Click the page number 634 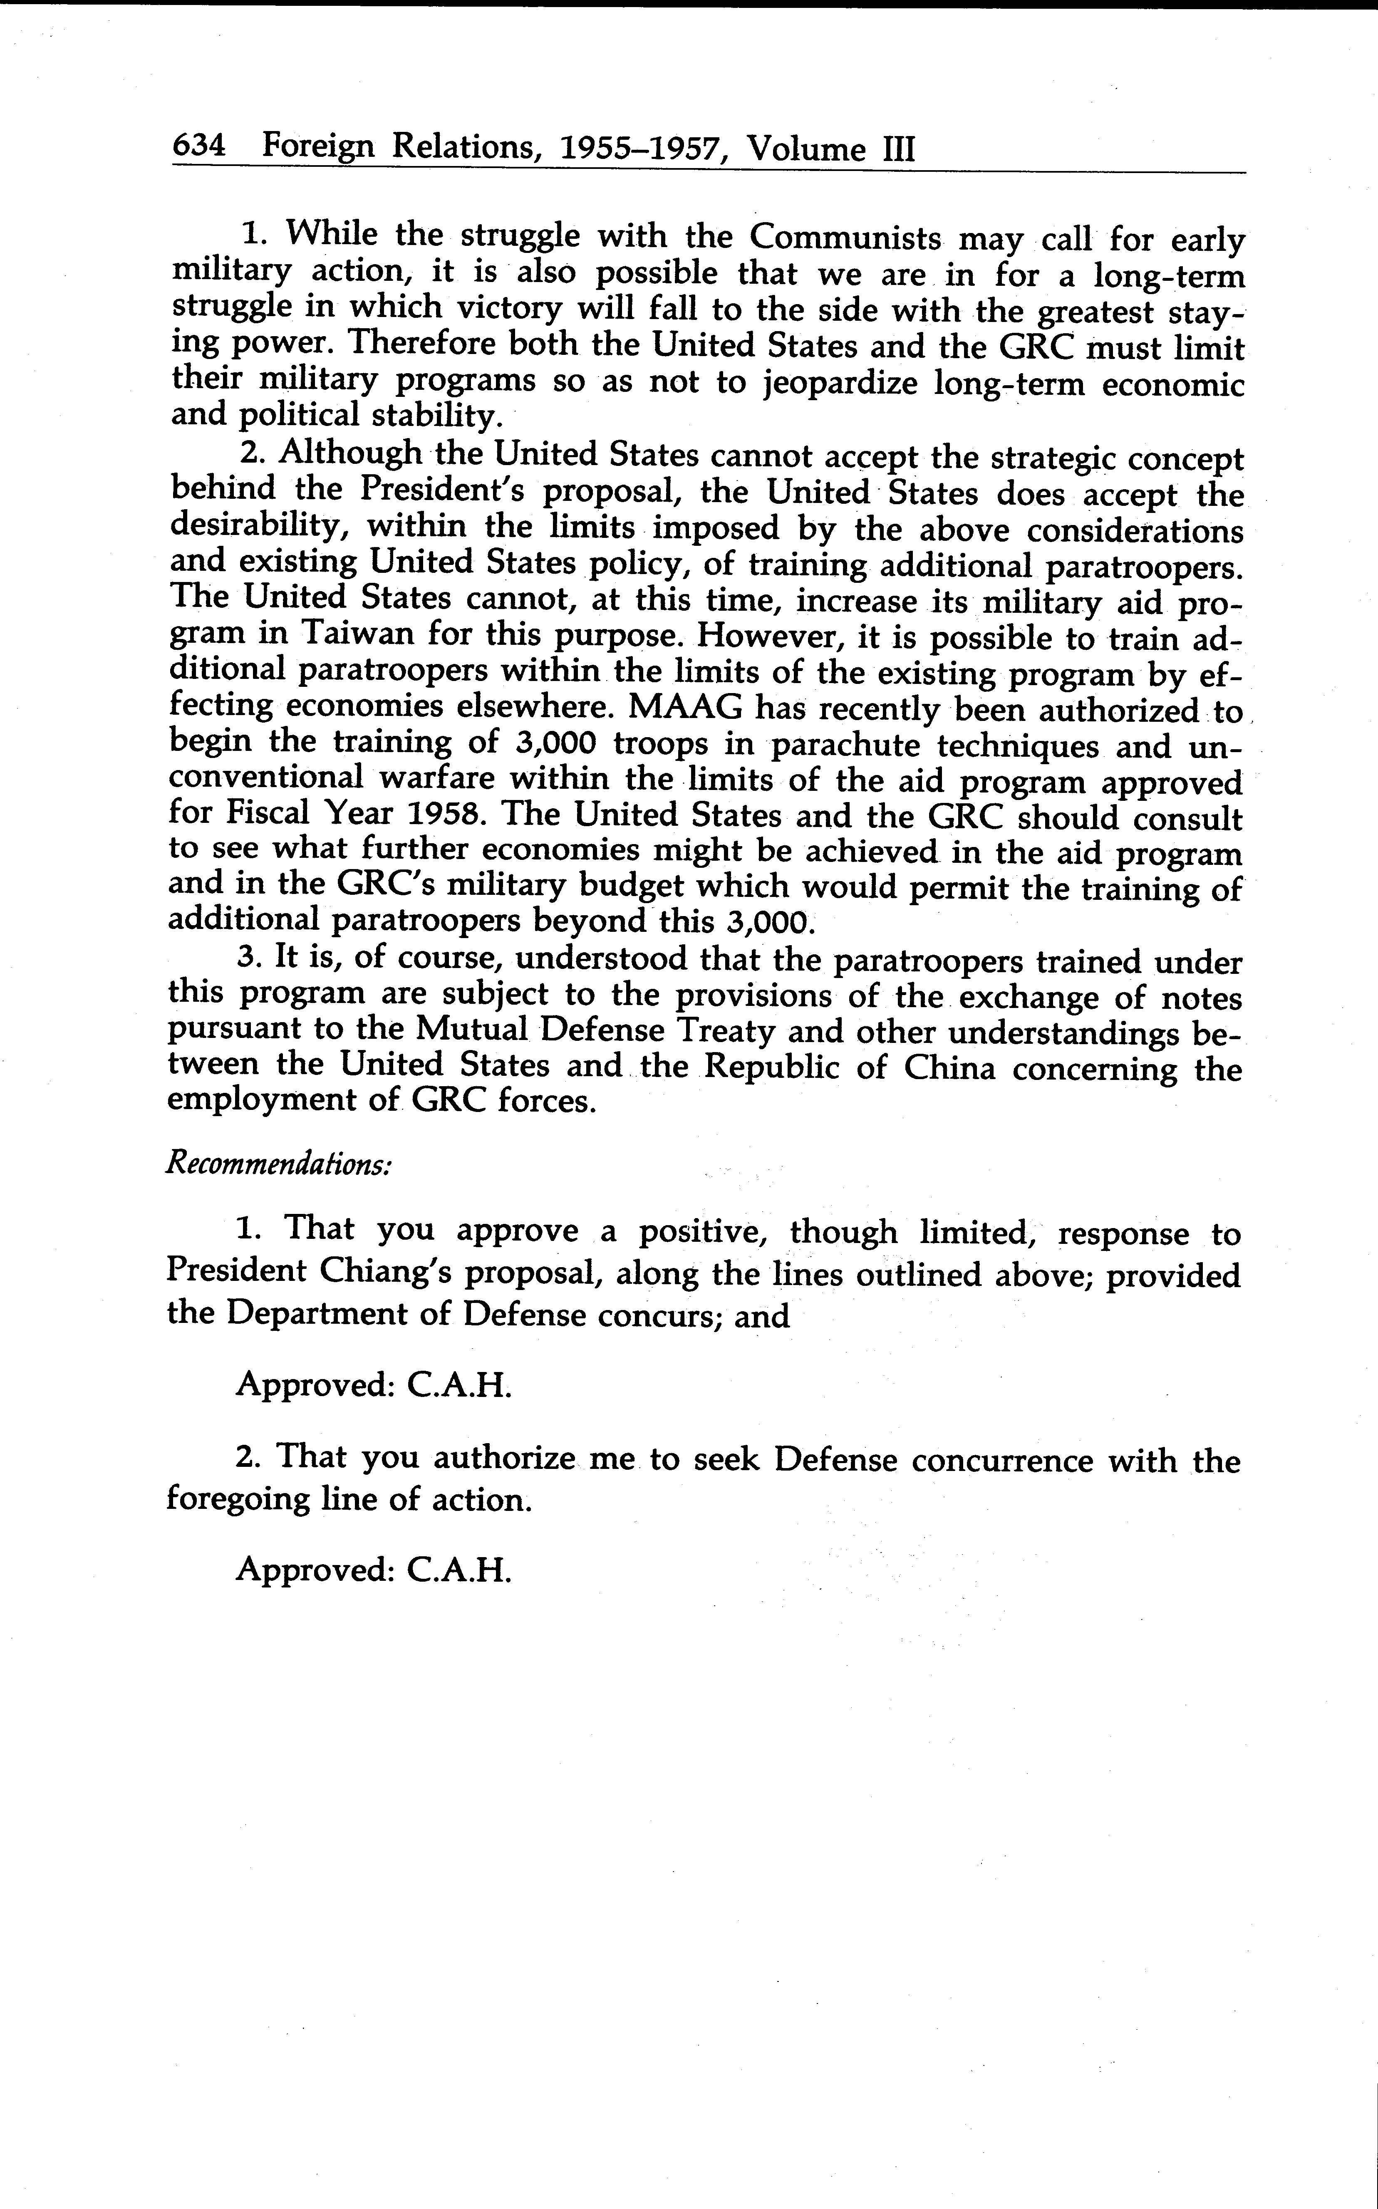pos(199,146)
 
